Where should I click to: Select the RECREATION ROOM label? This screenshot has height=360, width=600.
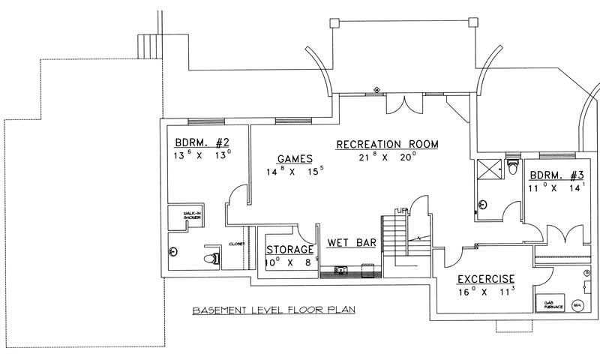coord(387,144)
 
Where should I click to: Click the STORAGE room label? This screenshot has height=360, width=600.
coord(290,249)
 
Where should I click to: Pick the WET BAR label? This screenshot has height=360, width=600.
coord(352,243)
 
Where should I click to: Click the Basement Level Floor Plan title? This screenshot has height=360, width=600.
coord(273,310)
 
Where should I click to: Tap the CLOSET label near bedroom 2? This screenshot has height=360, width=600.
coord(235,244)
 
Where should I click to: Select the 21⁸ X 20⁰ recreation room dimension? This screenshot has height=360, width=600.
coord(387,157)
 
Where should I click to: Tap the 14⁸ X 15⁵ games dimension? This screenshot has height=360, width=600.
coord(294,172)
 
